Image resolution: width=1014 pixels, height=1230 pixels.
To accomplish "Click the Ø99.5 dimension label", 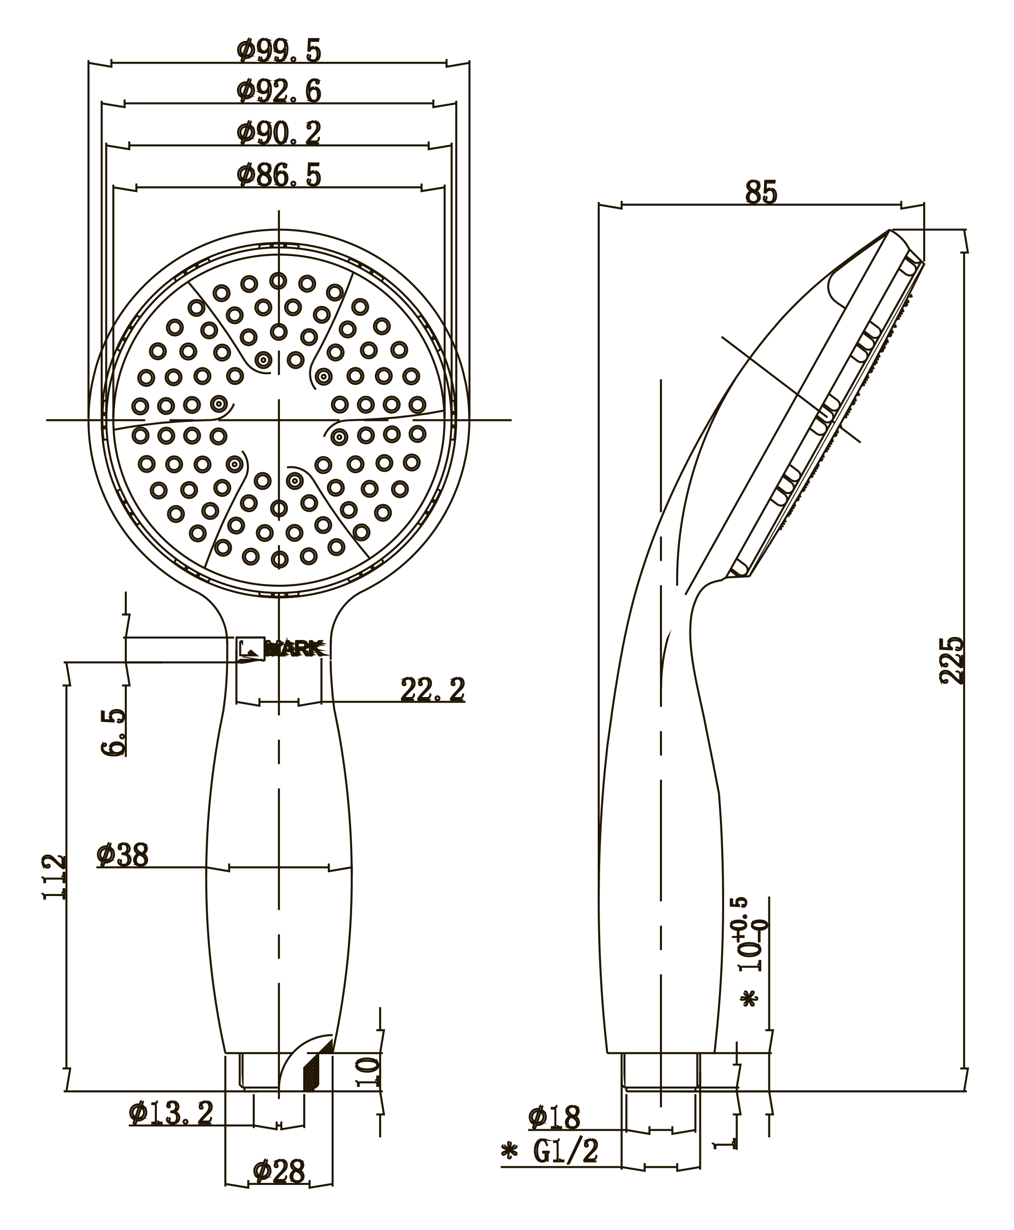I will point(279,51).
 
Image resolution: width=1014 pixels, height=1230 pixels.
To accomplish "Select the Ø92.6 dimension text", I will point(279,92).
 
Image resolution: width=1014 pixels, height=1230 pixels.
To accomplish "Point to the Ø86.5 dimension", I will point(279,175).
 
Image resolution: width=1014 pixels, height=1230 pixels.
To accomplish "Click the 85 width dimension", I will point(761,193).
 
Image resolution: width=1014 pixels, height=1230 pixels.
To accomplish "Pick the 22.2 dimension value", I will point(432,690).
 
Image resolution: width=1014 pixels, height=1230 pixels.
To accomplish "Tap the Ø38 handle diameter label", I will point(123,856).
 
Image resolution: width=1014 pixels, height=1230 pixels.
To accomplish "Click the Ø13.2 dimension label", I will point(171,1114).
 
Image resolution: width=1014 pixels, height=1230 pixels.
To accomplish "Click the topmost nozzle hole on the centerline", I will point(278,281).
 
